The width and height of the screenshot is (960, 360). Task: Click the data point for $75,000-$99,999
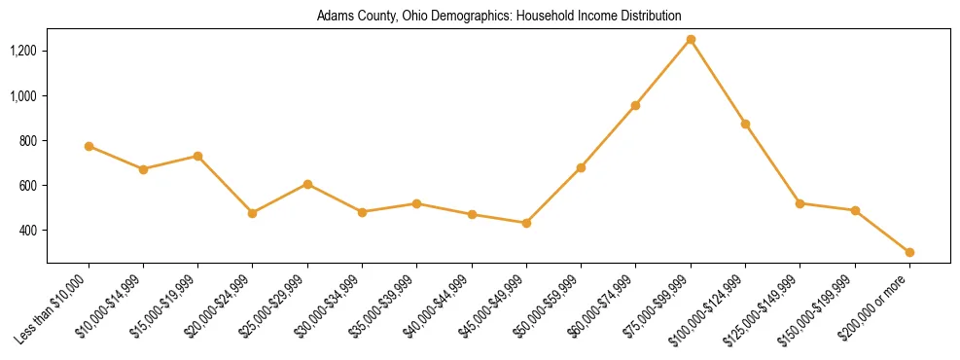pyautogui.click(x=691, y=39)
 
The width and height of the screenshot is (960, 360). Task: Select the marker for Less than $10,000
pyautogui.click(x=89, y=146)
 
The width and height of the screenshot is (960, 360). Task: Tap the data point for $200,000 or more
pyautogui.click(x=909, y=252)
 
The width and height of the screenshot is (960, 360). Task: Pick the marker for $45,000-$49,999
pyautogui.click(x=526, y=223)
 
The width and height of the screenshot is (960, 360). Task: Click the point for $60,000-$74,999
pyautogui.click(x=636, y=105)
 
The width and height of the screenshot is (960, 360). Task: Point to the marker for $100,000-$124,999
pyautogui.click(x=745, y=124)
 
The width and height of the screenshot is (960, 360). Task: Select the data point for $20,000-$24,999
pyautogui.click(x=253, y=213)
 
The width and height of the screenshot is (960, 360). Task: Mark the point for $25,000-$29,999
pyautogui.click(x=307, y=184)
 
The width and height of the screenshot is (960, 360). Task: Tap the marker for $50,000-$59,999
pyautogui.click(x=581, y=167)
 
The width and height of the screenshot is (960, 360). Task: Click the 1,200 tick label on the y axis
pyautogui.click(x=22, y=51)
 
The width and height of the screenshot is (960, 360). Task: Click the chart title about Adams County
pyautogui.click(x=499, y=16)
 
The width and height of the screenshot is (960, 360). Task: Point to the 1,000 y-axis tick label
pyautogui.click(x=22, y=95)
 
